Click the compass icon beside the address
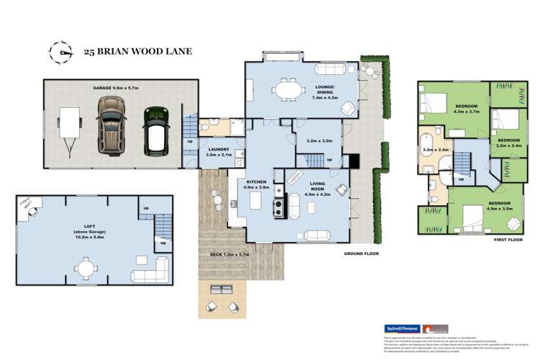coord(60,51)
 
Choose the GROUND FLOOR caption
coord(360,254)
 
